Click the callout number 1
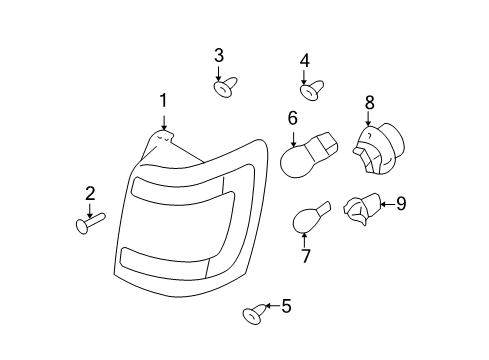point(163,101)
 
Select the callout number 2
point(90,194)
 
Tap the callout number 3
point(219,55)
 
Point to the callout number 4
point(305,61)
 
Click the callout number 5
point(286,306)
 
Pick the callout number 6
point(292,118)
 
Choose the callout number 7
point(305,256)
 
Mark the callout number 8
point(370,103)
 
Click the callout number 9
point(401,203)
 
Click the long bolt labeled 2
point(90,223)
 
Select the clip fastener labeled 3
point(225,87)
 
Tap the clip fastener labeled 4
point(312,90)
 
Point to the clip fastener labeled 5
point(255,314)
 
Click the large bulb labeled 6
point(309,155)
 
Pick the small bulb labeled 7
point(311,218)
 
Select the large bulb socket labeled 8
point(379,149)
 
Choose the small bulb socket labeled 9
point(362,209)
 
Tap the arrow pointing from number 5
point(273,305)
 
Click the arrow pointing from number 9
point(388,204)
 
